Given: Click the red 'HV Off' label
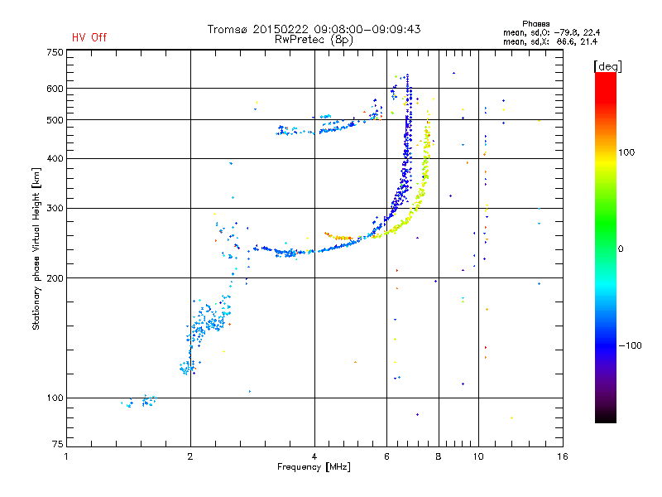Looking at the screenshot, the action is pos(89,37).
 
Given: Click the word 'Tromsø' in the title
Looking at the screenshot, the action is pos(228,29).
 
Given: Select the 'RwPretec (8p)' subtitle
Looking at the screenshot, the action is pos(314,40).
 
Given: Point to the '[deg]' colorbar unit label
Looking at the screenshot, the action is pos(607,66).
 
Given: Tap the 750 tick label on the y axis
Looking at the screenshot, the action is pos(55,52).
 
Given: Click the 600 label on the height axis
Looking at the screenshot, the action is pos(55,89).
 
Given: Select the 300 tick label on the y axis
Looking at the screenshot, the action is pos(55,209).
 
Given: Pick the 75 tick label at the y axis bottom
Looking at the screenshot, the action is pos(57,444).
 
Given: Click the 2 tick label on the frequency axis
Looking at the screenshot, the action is pos(190,456).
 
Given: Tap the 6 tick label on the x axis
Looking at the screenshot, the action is pos(386,456).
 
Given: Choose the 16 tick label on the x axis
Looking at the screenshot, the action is pos(563,456).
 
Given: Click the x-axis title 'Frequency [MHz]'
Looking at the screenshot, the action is pos(314,467).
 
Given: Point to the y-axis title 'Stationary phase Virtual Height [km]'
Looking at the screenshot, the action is pos(36,248).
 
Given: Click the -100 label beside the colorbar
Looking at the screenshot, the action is pos(631,345).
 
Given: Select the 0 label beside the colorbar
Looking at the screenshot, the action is pos(621,249).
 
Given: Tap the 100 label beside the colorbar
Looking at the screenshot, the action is pos(626,152).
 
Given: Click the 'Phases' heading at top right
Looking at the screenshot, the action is pos(535,24).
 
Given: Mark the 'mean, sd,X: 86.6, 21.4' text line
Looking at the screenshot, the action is pos(550,42).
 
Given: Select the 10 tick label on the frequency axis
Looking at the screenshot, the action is pos(478,456).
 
